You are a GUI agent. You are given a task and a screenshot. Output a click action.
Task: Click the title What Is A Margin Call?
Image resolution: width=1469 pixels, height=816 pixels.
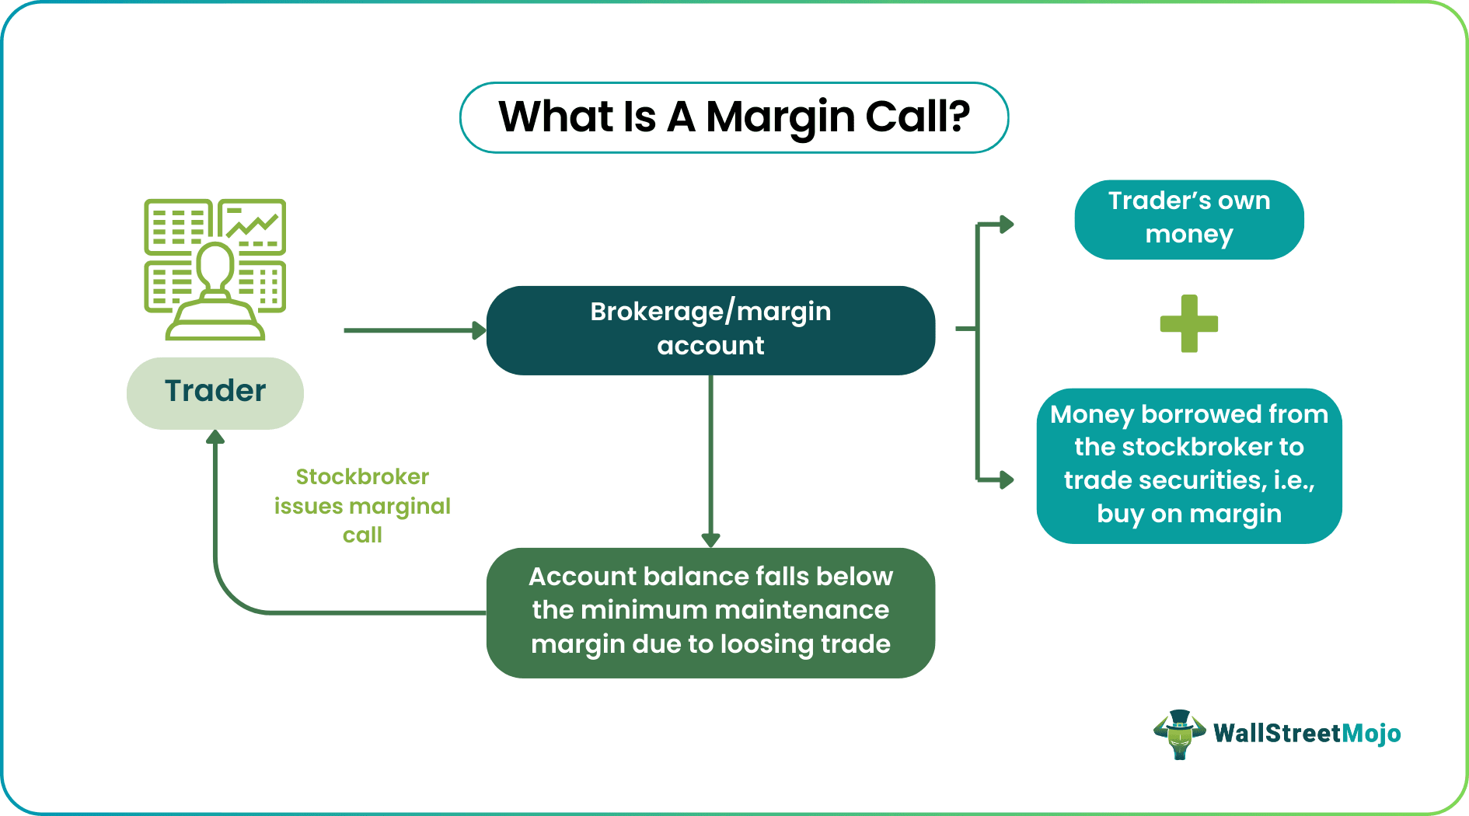734,117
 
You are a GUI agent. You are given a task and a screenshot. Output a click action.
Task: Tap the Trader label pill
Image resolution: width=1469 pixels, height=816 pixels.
215,392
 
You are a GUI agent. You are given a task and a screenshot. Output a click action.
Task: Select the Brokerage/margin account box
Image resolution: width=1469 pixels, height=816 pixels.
710,330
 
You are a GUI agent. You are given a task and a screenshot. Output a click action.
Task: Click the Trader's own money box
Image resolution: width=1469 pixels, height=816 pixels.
1188,219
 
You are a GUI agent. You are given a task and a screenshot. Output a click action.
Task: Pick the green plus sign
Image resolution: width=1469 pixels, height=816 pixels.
1188,323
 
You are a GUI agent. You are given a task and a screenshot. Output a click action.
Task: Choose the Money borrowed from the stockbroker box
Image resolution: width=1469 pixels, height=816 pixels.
1188,465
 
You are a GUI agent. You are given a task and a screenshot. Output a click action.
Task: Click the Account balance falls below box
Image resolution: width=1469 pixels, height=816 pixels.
710,612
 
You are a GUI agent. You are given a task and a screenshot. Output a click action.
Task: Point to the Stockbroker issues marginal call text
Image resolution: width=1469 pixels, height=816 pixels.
362,505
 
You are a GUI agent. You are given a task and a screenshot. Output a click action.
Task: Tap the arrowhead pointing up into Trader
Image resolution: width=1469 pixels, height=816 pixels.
215,438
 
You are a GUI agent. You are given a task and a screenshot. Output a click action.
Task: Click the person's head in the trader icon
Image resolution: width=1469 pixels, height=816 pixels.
215,263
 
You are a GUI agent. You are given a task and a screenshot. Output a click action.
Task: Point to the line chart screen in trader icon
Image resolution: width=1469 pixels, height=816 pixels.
252,225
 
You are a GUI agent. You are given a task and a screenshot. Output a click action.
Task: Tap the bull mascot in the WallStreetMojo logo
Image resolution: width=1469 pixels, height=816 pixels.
1179,734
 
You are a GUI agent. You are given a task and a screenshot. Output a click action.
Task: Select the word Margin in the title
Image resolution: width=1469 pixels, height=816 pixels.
780,117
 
